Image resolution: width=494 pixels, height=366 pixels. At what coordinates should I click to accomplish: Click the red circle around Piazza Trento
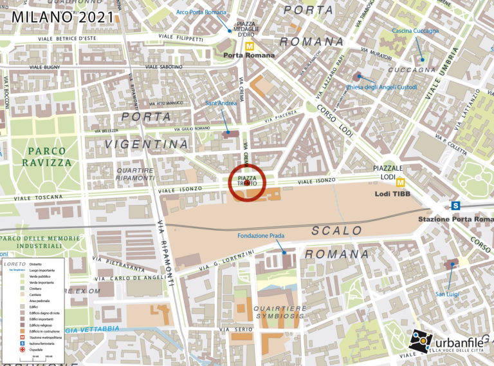pos(248,181)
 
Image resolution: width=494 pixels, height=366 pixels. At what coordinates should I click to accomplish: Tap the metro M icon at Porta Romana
pos(248,46)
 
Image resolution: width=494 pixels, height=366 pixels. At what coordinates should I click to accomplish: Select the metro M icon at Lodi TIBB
pos(400,182)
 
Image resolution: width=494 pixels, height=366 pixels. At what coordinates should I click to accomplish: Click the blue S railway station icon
pos(455,206)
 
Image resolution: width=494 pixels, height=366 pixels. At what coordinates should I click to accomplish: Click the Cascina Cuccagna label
pos(415,31)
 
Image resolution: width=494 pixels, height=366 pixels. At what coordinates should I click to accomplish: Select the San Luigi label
pos(448,294)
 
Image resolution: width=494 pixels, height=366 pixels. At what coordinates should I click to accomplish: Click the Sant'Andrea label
pos(221,102)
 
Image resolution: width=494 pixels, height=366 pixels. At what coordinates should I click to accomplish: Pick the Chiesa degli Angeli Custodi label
pos(381,87)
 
